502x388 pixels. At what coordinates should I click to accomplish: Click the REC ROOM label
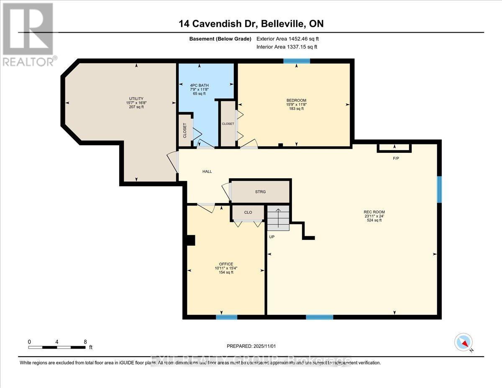374,211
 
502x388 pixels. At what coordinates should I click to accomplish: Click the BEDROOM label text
296,100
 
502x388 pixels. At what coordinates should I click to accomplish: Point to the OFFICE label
226,264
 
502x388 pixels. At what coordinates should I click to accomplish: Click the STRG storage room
260,192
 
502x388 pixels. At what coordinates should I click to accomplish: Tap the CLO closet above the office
248,212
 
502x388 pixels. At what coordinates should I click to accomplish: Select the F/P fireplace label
396,158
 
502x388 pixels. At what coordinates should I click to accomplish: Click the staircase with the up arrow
278,218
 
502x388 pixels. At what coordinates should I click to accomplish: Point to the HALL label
207,171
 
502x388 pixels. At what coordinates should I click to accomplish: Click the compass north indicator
464,342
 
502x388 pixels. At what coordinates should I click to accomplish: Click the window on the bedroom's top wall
297,61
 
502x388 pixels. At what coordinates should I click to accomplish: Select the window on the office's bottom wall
226,317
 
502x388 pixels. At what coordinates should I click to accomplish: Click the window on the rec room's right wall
439,190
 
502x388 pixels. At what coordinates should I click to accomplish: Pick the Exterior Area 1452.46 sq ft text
290,39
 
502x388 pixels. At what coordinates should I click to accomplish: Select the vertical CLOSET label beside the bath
185,130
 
